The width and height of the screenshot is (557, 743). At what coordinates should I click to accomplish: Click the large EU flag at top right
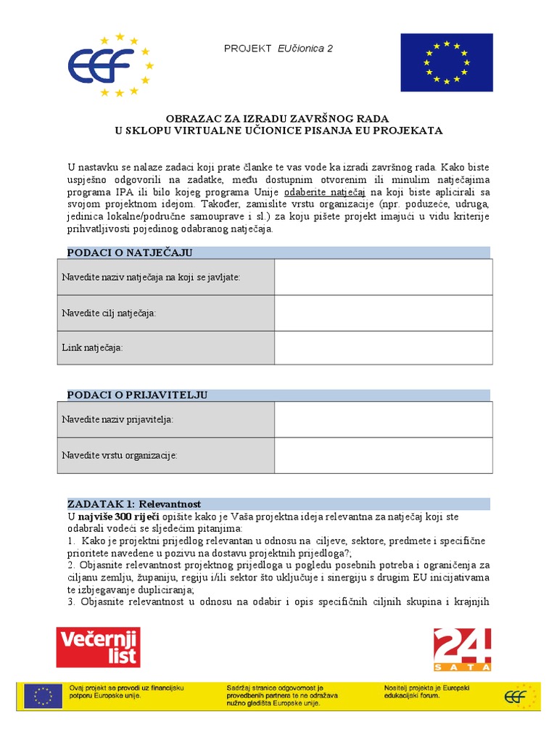[x=446, y=62]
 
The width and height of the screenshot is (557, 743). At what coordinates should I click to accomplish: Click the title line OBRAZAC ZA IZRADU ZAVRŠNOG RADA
[x=278, y=118]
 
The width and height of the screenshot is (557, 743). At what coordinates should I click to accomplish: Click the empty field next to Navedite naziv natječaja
[x=383, y=277]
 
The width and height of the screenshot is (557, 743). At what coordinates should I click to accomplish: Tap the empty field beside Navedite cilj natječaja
[x=383, y=313]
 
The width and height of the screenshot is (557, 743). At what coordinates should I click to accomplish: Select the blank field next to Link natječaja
[x=383, y=348]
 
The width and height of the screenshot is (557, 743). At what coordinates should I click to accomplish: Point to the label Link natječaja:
[x=93, y=348]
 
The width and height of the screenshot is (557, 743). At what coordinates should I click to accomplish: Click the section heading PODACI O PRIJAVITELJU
[x=137, y=395]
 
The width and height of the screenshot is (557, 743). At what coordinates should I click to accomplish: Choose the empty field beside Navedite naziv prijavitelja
[x=383, y=419]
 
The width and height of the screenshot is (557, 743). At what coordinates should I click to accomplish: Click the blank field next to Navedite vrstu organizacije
[x=383, y=455]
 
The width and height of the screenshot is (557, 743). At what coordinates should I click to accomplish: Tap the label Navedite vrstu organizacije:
[x=120, y=455]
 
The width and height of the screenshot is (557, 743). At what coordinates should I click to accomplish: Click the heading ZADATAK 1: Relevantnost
[x=133, y=504]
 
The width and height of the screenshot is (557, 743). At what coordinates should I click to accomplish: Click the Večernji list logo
[x=98, y=647]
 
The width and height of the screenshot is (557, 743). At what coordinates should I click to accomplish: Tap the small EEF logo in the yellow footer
[x=521, y=697]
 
